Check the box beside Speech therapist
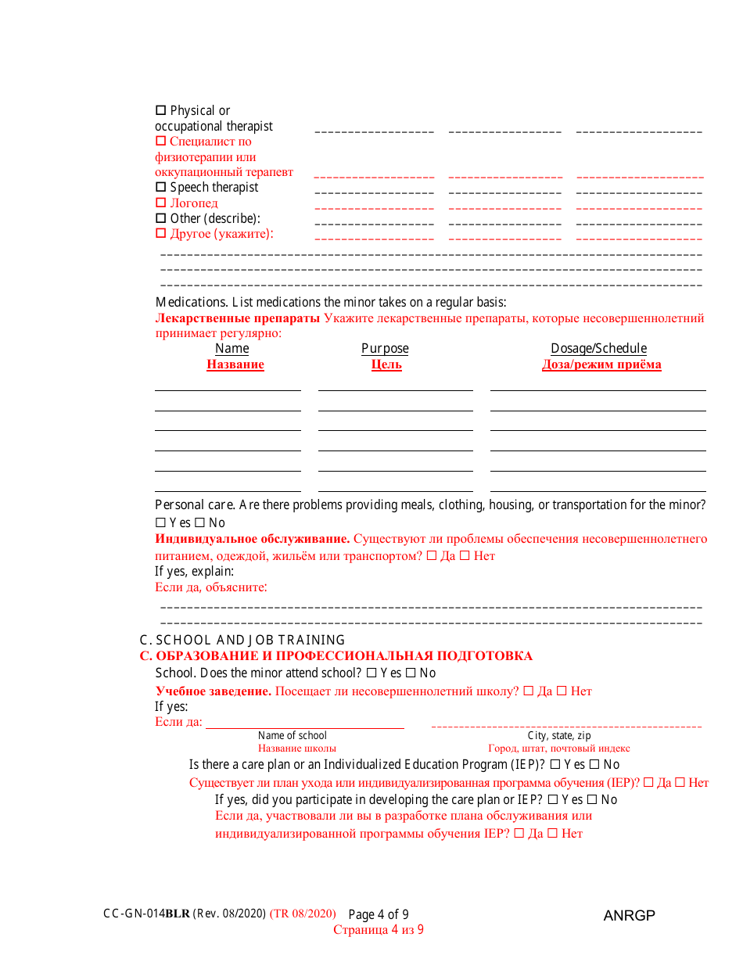click(161, 188)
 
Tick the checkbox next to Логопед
click(161, 203)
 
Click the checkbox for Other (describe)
click(161, 219)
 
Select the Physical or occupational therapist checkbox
click(161, 111)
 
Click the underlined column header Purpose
click(385, 349)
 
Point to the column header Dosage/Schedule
click(598, 349)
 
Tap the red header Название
click(235, 364)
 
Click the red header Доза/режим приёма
click(601, 364)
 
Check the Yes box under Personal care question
click(160, 522)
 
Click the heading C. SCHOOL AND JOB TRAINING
click(242, 640)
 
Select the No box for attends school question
click(410, 673)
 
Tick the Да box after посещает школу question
click(528, 691)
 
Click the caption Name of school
click(293, 735)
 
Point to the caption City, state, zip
click(559, 735)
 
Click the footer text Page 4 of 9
click(379, 914)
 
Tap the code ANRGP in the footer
click(629, 915)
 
